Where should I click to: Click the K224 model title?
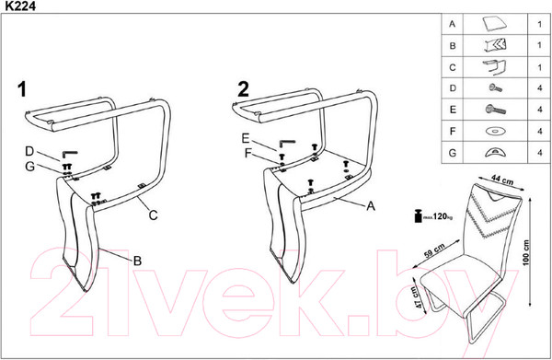[20, 6]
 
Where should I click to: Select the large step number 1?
[22, 89]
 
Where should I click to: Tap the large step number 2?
[243, 89]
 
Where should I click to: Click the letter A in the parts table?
[453, 24]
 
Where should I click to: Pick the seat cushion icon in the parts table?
[495, 24]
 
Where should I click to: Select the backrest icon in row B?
[495, 45]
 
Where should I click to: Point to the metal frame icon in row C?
[495, 67]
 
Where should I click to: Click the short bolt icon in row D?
[495, 87]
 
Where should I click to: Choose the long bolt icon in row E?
[495, 110]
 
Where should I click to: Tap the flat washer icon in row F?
[495, 132]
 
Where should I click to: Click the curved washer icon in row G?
[495, 153]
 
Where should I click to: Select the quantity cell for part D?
[540, 88]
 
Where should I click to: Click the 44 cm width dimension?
[502, 180]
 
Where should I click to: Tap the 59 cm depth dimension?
[434, 250]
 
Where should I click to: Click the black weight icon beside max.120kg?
[418, 216]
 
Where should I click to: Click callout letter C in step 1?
[153, 215]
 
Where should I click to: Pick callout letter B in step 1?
[137, 261]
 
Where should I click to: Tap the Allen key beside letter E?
[287, 144]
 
